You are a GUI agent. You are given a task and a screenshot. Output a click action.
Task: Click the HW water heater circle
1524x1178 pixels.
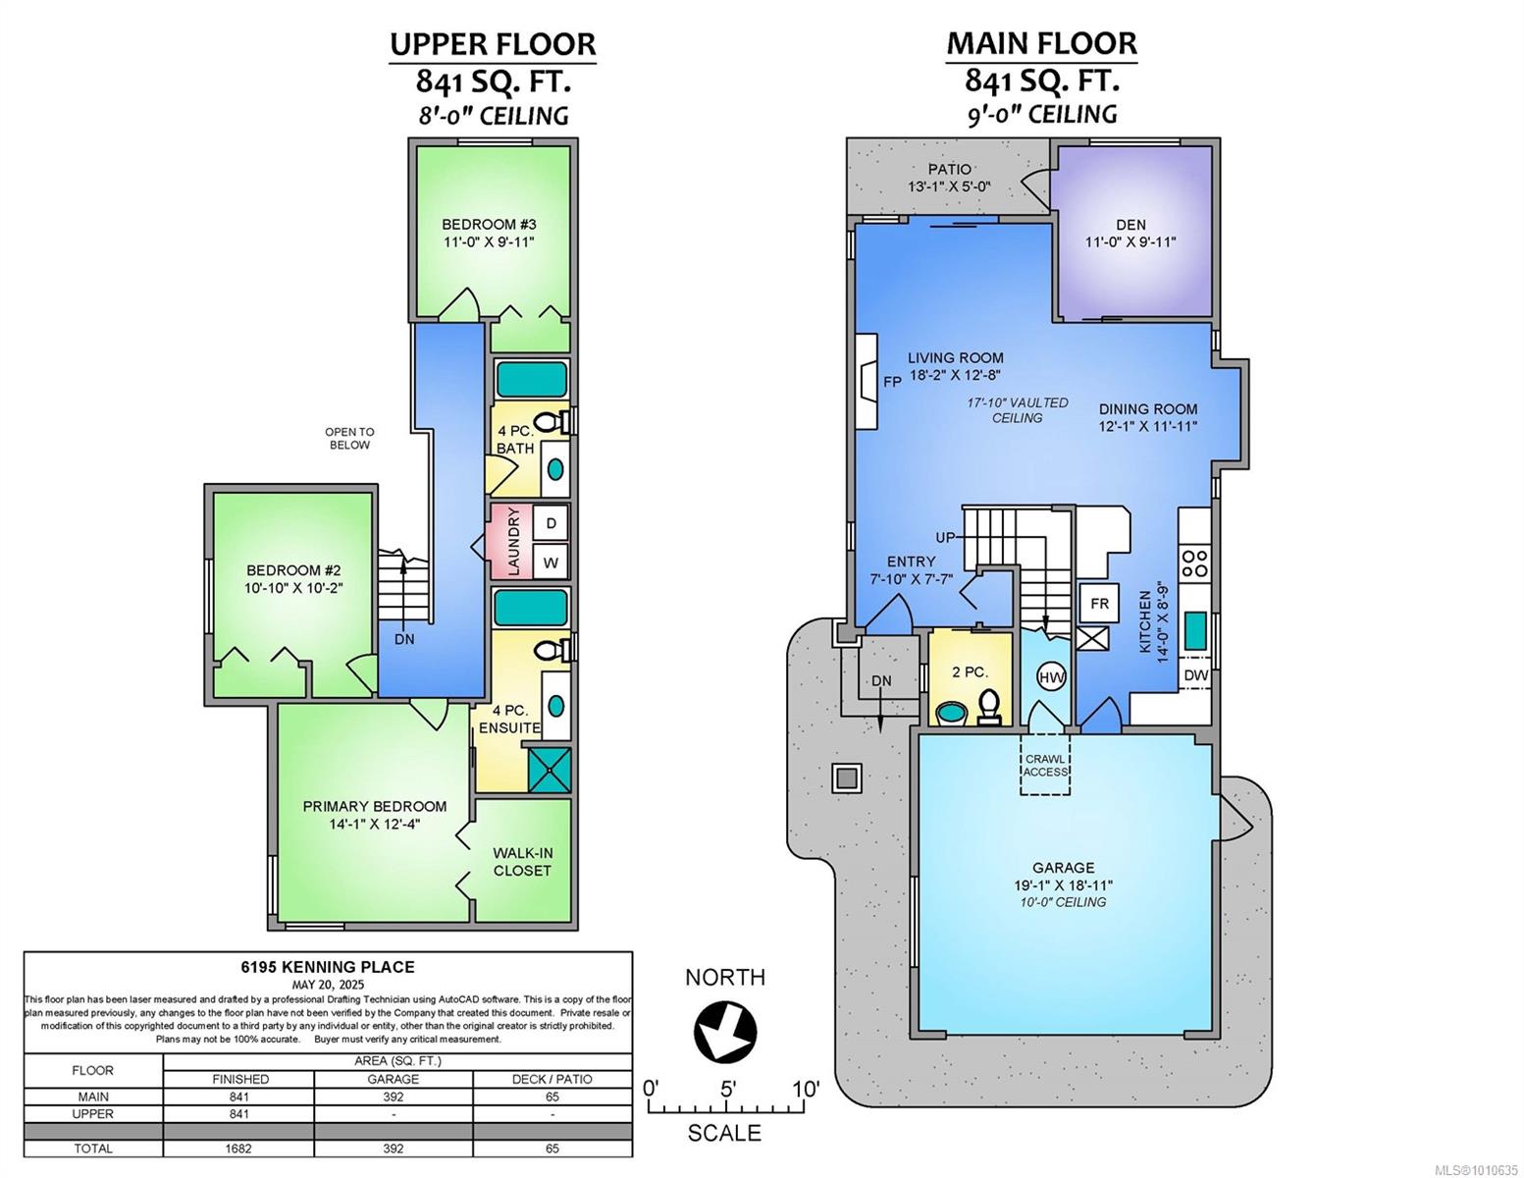point(1051,677)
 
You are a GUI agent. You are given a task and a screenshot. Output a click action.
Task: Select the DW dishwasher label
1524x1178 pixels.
point(1196,675)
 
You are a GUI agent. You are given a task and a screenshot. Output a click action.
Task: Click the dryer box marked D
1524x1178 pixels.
point(551,523)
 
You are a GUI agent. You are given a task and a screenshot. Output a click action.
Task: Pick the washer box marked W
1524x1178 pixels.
point(551,562)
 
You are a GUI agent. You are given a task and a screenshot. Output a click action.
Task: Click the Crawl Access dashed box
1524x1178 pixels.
point(1045,764)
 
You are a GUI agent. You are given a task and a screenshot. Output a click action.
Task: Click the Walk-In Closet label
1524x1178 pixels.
point(522,862)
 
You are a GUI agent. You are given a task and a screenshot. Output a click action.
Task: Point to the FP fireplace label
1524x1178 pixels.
point(892,382)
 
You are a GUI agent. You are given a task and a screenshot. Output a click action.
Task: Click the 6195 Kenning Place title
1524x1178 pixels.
point(328,967)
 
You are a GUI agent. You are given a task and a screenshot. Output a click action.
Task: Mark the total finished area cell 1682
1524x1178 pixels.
point(239,1149)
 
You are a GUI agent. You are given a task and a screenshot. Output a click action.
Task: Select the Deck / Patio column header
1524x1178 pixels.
point(552,1079)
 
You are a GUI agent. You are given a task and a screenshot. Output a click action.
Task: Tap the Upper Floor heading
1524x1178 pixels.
point(493,44)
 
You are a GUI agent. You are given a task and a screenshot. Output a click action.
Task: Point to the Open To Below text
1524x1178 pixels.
point(349,439)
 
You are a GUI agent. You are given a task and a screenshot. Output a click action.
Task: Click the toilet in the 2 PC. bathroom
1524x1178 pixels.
point(989,707)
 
